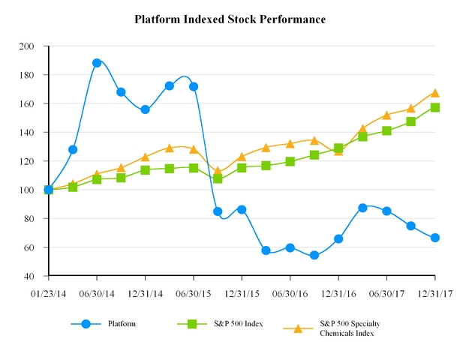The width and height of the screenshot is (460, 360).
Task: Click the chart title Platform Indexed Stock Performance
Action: click(x=230, y=19)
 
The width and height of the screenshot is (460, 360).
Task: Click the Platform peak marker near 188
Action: click(x=97, y=63)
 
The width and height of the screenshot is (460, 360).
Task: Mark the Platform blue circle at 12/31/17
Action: click(x=435, y=238)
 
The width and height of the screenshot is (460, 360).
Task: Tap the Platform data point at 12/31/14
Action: click(x=145, y=109)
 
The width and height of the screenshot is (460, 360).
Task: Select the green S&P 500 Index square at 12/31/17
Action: click(x=435, y=107)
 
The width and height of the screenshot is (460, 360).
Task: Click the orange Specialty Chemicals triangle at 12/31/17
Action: click(x=435, y=93)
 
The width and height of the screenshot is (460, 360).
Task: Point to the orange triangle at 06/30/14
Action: click(x=97, y=174)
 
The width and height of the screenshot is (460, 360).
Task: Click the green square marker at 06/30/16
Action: click(x=290, y=161)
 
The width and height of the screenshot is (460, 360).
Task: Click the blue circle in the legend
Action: click(x=86, y=324)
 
